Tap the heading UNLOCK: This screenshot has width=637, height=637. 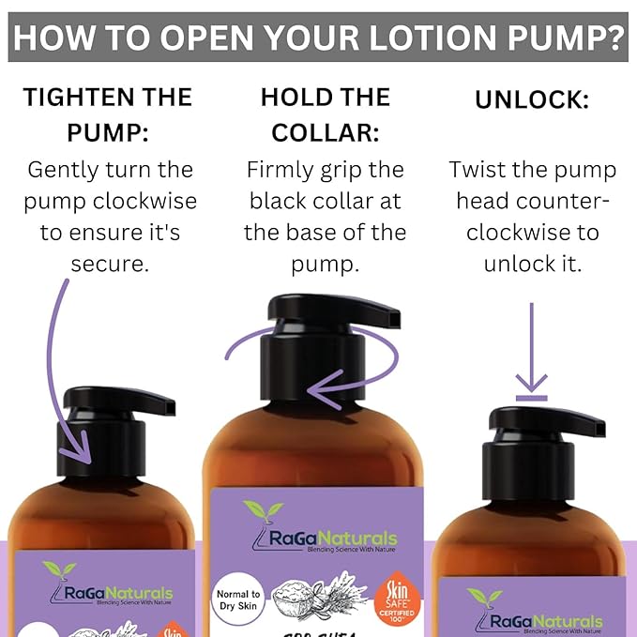[532, 99]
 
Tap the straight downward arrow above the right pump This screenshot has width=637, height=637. [532, 347]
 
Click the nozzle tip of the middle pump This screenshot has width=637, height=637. [395, 320]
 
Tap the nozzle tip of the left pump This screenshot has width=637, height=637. [169, 406]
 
